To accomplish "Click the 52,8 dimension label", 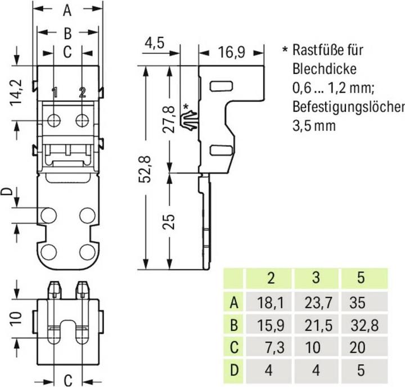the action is coord(145,169).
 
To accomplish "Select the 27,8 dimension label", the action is coord(169,119).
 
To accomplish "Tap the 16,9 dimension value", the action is coord(231,52).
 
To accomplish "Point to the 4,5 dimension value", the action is coord(155,43).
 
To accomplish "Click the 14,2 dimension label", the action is coord(16,92).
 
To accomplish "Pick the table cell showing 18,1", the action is coord(271,302).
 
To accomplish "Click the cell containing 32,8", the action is coord(364,325).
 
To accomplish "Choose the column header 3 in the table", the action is coord(316,277).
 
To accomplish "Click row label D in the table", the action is coord(234,370).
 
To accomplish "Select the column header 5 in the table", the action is coord(361,277).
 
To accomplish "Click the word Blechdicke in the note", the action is coord(325,69).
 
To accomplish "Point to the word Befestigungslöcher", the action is coord(349,106).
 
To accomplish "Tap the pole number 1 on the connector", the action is coord(55,92).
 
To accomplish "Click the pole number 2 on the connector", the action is coord(82,92).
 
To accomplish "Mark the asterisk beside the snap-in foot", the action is coord(186,107).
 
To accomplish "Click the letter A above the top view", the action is coord(67,11).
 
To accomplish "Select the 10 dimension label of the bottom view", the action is coord(16,318).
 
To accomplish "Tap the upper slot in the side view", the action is coord(222,86).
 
